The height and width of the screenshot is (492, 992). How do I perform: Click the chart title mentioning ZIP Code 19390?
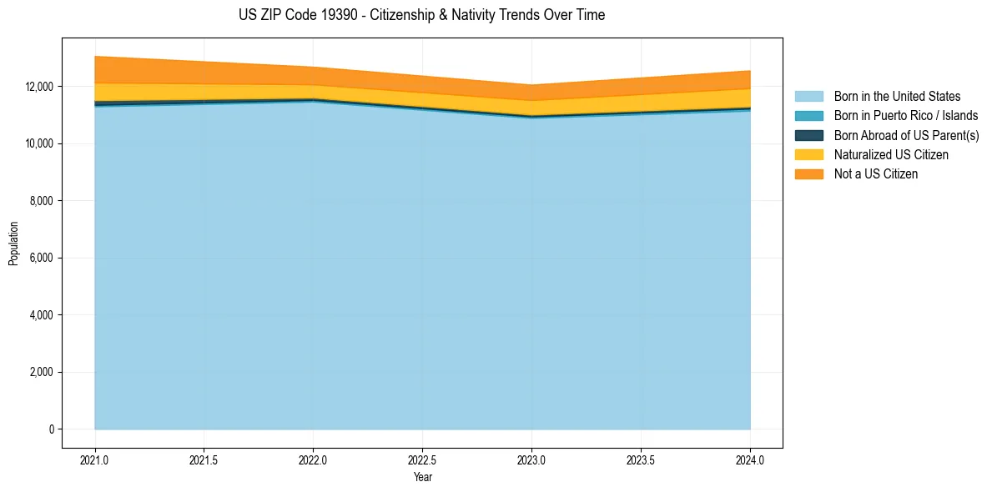(x=421, y=15)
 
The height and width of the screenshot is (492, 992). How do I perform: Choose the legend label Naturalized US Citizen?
(x=891, y=155)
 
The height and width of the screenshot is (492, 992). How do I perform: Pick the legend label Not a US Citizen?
(x=876, y=174)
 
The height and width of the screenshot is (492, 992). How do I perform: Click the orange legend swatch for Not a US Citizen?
(x=808, y=174)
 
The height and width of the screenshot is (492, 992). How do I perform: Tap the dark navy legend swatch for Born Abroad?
(x=808, y=135)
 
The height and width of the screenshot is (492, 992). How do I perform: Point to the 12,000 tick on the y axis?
(x=39, y=87)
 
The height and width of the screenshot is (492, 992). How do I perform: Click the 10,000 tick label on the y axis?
(x=39, y=143)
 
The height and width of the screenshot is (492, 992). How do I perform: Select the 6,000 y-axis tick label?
(x=42, y=259)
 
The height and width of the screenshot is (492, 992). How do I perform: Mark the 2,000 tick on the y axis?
(x=42, y=373)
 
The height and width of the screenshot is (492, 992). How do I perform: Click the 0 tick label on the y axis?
(x=51, y=429)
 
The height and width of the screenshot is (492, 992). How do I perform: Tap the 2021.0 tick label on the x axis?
(x=95, y=459)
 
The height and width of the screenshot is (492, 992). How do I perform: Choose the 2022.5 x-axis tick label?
(x=422, y=459)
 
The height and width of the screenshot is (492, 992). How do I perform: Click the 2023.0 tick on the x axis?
(x=531, y=459)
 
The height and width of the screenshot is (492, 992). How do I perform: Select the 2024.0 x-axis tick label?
(x=750, y=459)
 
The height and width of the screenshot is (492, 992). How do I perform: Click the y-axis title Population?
(x=13, y=243)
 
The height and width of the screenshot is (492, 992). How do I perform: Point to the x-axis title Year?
(x=422, y=478)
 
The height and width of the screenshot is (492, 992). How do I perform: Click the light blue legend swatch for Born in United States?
(x=808, y=97)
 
